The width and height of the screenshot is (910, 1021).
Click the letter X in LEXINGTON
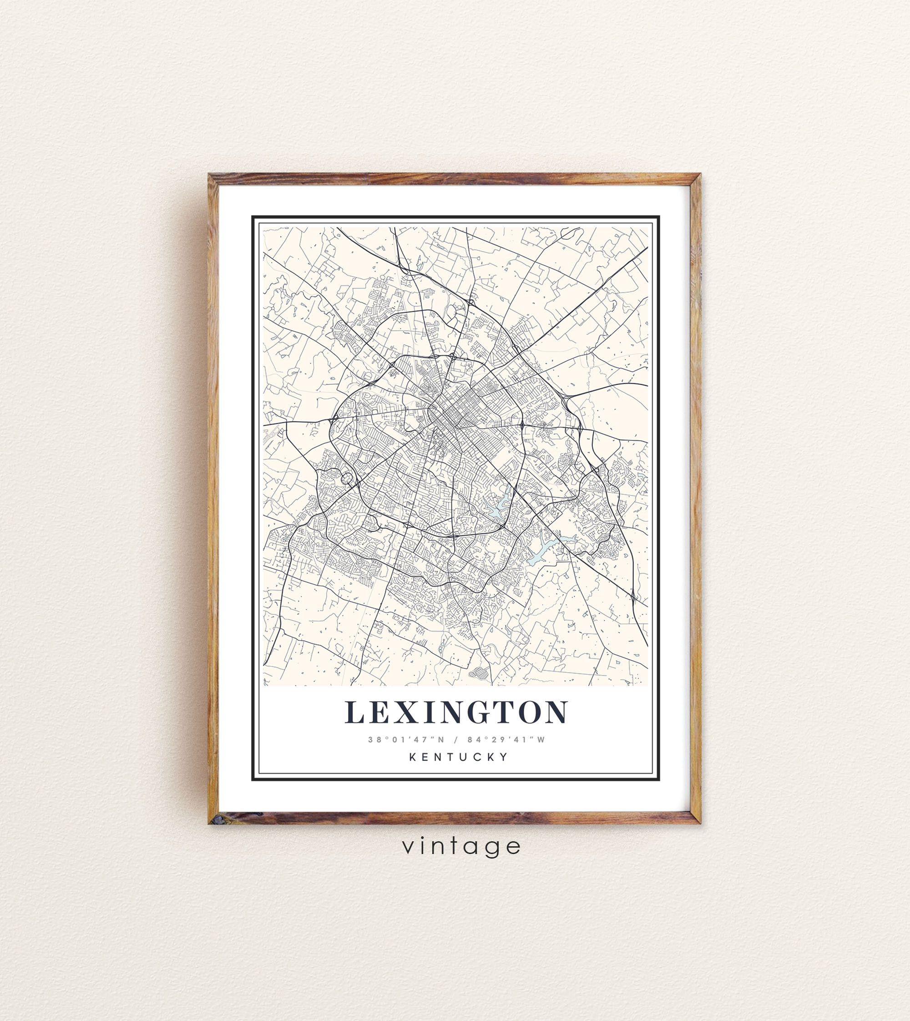pyautogui.click(x=406, y=713)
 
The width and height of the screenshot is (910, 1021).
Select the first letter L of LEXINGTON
pyautogui.click(x=354, y=713)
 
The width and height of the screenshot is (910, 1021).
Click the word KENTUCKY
pyautogui.click(x=459, y=757)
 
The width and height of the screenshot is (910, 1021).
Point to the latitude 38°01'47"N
pyautogui.click(x=406, y=739)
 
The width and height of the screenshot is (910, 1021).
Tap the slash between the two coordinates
pyautogui.click(x=456, y=739)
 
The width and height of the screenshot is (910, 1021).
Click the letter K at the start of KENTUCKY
pyautogui.click(x=413, y=757)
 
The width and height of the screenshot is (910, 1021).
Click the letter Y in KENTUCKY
pyautogui.click(x=505, y=757)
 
